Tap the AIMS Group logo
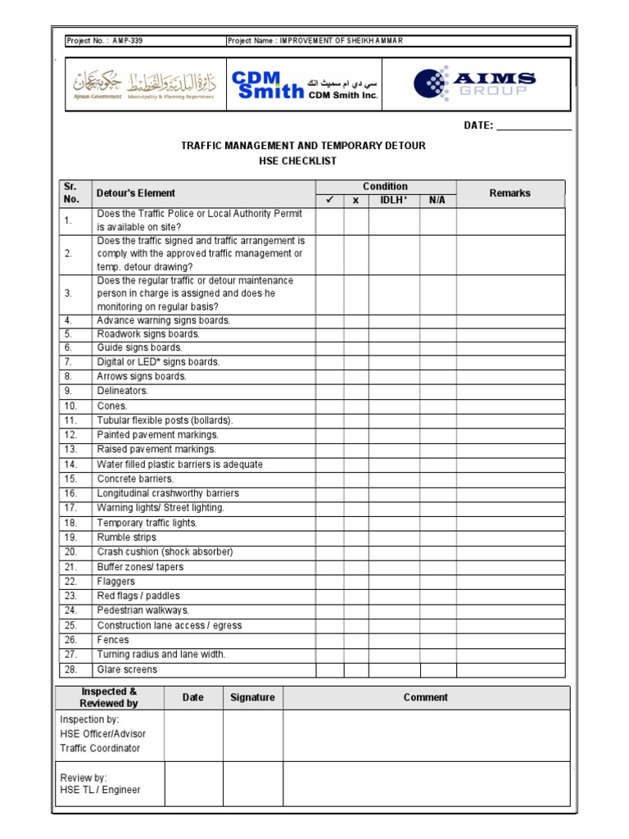(x=475, y=84)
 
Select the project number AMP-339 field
(x=106, y=41)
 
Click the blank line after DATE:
(x=533, y=126)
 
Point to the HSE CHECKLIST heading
(x=303, y=161)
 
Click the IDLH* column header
(x=394, y=201)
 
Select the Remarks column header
(x=509, y=193)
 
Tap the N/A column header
(x=437, y=201)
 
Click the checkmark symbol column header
(x=329, y=201)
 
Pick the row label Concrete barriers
(x=135, y=478)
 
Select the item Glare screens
(x=127, y=669)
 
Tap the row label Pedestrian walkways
(x=143, y=610)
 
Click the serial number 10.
(x=71, y=406)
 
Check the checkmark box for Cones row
(x=329, y=406)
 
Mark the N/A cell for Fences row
(x=437, y=640)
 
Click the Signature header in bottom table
(x=252, y=697)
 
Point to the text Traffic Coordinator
(x=100, y=748)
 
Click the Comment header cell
(x=425, y=697)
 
